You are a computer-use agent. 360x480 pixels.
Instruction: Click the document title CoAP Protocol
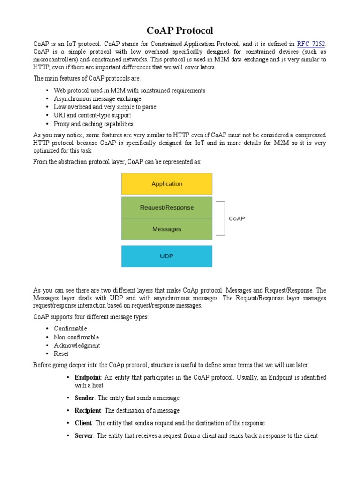(x=180, y=31)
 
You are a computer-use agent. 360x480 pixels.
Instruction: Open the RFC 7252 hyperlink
(x=311, y=44)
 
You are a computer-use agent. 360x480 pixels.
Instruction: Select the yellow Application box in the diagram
(x=166, y=184)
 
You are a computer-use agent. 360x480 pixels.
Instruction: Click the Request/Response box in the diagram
(x=166, y=207)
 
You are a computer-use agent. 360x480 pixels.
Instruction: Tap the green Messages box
(x=166, y=229)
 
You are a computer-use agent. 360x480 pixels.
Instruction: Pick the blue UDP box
(x=166, y=256)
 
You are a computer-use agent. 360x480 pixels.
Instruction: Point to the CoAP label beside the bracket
(x=237, y=218)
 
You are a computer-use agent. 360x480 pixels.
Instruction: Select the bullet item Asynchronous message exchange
(x=97, y=99)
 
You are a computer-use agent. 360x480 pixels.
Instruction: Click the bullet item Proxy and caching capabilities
(x=94, y=124)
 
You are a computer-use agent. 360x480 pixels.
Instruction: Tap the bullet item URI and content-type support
(x=92, y=116)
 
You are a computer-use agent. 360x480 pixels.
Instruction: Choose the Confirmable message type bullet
(x=70, y=329)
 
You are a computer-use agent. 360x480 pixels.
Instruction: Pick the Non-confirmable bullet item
(x=76, y=337)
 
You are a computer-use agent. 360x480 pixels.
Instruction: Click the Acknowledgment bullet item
(x=77, y=345)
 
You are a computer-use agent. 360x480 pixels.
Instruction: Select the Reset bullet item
(x=61, y=354)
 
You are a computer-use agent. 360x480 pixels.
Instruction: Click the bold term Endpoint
(x=88, y=377)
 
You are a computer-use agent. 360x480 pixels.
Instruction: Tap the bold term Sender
(x=84, y=398)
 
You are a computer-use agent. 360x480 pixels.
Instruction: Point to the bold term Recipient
(x=88, y=411)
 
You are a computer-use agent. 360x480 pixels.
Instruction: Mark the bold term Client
(x=83, y=423)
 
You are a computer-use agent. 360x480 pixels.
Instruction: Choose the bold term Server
(x=84, y=436)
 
